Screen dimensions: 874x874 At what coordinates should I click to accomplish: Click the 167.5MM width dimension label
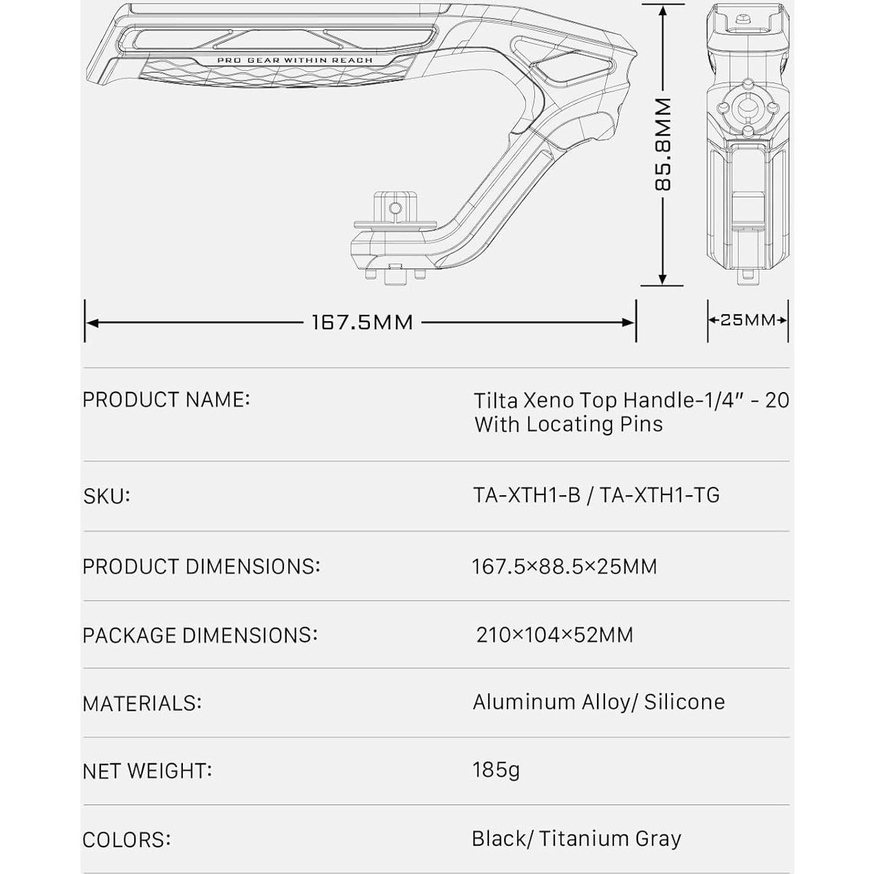[x=362, y=322]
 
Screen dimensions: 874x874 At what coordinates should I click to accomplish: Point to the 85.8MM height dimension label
[x=663, y=144]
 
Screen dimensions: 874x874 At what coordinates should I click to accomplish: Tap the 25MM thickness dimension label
[x=747, y=320]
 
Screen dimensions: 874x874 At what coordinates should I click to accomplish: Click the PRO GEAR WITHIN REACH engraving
[x=294, y=61]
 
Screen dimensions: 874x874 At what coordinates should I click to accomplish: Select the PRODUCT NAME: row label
[x=166, y=400]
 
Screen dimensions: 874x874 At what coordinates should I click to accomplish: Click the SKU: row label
[x=107, y=496]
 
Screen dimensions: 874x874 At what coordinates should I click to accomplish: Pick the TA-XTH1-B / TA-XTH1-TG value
[x=596, y=495]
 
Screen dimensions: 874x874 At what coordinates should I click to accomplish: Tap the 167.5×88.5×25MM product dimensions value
[x=564, y=567]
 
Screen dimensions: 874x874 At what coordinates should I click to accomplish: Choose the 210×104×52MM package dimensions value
[x=554, y=635]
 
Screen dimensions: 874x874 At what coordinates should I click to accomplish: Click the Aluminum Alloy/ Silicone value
[x=598, y=702]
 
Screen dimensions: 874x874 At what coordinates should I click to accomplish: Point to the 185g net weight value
[x=496, y=769]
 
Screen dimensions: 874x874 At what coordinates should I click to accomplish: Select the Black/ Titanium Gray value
[x=576, y=839]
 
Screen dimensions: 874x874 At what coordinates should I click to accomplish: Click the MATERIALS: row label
[x=142, y=703]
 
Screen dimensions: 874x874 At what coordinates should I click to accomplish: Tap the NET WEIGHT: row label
[x=147, y=771]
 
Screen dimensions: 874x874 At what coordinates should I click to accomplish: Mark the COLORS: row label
[x=127, y=840]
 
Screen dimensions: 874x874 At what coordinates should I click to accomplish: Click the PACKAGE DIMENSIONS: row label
[x=200, y=635]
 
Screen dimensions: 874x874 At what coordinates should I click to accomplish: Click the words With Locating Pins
[x=569, y=424]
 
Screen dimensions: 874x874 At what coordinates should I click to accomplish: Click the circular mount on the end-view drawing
[x=746, y=107]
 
